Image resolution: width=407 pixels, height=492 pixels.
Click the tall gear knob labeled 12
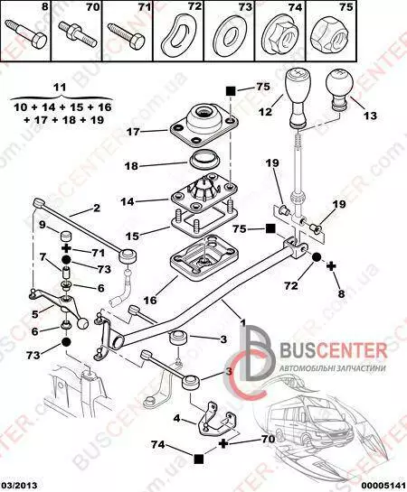pos(298,98)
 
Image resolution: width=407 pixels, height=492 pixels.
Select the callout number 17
pos(133,132)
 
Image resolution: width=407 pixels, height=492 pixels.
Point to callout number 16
pos(150,301)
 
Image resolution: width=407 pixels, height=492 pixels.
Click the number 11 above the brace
pos(60,87)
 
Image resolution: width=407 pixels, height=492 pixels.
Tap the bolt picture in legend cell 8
pos(26,34)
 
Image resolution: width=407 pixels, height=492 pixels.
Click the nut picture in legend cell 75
pos(329,35)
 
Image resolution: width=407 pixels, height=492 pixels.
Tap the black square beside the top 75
pos(231,91)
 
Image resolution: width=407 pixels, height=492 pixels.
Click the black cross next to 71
pos(66,248)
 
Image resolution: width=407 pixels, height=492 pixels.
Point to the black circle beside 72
pos(317,257)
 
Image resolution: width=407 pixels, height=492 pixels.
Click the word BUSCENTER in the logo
pos(334,350)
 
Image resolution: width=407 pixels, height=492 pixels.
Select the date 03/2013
pos(19,485)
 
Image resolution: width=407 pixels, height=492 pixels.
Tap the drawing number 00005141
pos(385,485)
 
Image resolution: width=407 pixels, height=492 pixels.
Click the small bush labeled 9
pos(65,236)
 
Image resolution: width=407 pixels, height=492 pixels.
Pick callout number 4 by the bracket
pos(177,418)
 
